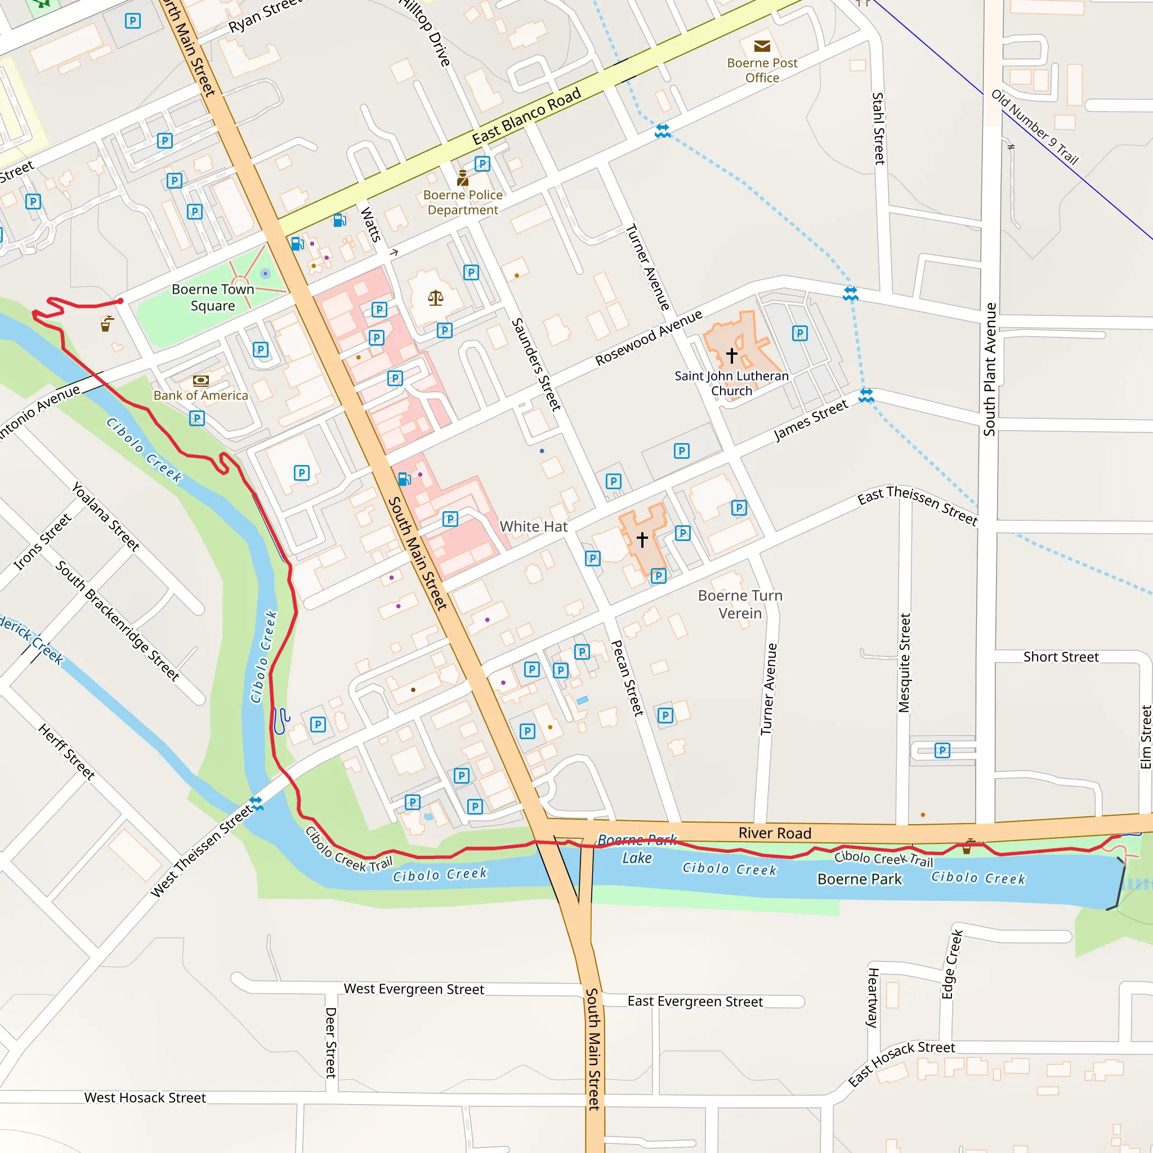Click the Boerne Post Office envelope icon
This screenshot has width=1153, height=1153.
click(x=762, y=46)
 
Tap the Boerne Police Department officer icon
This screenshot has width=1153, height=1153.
click(x=463, y=178)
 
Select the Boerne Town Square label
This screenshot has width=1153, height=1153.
click(x=213, y=297)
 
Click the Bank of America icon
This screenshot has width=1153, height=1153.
click(x=201, y=380)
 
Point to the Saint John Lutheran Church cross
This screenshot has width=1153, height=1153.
click(x=732, y=356)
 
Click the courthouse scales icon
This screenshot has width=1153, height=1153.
click(x=436, y=298)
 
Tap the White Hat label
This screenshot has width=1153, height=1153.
click(x=534, y=526)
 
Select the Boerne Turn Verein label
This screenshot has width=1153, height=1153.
click(x=740, y=604)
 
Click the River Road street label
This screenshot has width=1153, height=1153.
click(x=775, y=833)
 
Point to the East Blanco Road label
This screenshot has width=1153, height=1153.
click(x=526, y=117)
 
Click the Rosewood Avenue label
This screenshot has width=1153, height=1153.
click(x=649, y=338)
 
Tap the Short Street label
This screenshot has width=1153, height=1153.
click(x=1061, y=657)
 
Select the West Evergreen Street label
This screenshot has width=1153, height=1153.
click(x=414, y=989)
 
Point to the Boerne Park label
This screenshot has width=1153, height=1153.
click(x=859, y=879)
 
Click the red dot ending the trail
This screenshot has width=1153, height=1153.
click(x=120, y=301)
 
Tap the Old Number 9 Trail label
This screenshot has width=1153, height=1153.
click(x=1035, y=127)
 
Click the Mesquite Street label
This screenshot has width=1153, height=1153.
click(x=905, y=663)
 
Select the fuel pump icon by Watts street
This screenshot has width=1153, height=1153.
click(x=339, y=220)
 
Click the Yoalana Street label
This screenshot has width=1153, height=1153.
click(x=106, y=516)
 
